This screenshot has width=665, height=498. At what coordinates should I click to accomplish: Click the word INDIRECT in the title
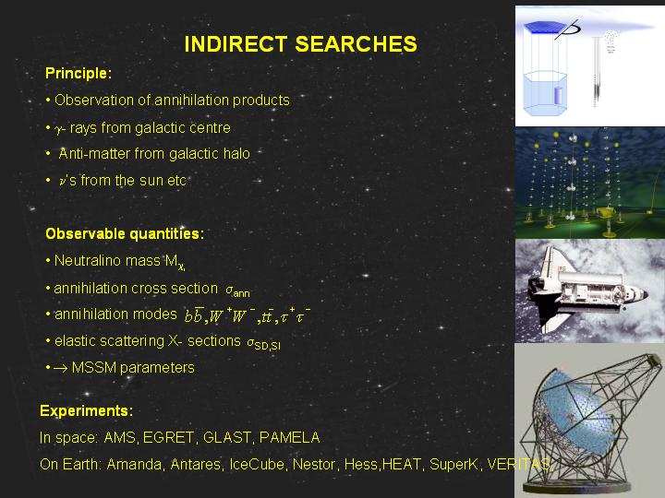coord(236,44)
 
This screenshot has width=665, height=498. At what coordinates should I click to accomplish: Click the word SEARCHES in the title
coord(357,44)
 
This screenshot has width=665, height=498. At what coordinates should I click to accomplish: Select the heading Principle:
coord(79,74)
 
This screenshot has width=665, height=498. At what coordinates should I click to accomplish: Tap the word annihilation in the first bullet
coord(191,100)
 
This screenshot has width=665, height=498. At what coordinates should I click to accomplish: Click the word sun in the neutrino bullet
coord(151,181)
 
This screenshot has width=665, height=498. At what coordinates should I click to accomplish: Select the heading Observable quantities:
coord(125,233)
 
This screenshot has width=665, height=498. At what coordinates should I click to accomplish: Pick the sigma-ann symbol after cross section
coord(237,290)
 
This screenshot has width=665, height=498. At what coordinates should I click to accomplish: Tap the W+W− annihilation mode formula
coord(233,315)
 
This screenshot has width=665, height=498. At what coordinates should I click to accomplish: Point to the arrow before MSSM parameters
coord(61,368)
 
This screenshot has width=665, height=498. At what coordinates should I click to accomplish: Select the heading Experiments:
coord(86,410)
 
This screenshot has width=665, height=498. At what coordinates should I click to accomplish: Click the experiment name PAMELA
coord(290,437)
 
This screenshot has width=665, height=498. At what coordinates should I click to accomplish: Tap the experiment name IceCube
coord(257,465)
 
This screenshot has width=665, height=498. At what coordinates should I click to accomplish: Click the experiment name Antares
coord(195,465)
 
